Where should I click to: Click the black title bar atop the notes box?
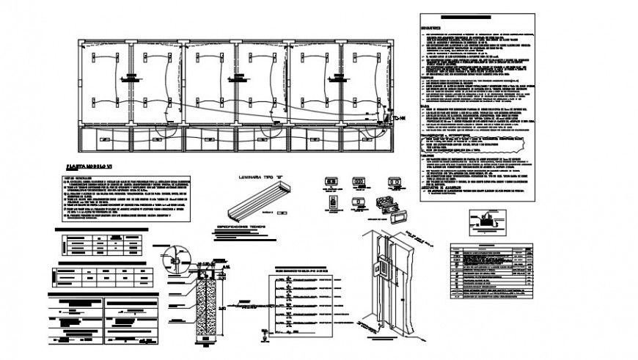click(x=465, y=17)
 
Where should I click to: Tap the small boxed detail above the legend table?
click(x=483, y=218)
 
